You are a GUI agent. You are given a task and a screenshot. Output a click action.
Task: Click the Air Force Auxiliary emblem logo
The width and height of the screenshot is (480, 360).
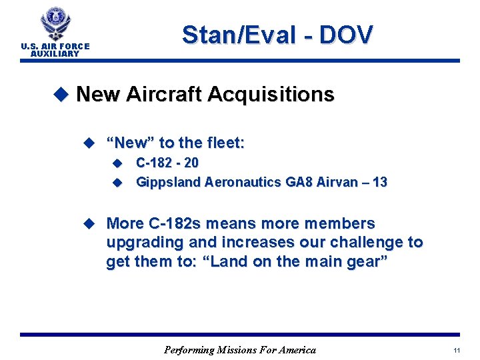coord(55,24)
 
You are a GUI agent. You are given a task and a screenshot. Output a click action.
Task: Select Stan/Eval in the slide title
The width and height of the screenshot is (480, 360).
coord(236,35)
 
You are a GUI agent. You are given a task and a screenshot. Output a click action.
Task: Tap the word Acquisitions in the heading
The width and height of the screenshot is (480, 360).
coord(271,95)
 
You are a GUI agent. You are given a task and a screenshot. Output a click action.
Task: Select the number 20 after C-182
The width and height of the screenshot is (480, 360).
coord(191,163)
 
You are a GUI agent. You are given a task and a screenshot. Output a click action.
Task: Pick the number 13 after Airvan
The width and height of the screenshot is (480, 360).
coord(380,182)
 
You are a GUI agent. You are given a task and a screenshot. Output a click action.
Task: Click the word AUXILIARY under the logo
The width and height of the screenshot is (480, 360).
coord(55,53)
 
